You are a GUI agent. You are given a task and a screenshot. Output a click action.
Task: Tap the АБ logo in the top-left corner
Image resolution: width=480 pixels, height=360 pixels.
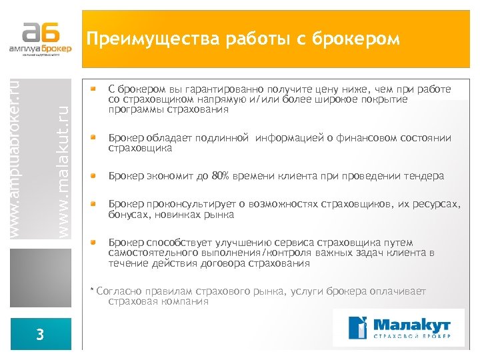click(x=41, y=37)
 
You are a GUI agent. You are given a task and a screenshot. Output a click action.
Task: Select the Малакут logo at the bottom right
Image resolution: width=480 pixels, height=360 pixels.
click(x=401, y=327)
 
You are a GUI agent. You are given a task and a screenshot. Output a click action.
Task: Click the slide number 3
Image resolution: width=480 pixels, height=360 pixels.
click(x=41, y=335)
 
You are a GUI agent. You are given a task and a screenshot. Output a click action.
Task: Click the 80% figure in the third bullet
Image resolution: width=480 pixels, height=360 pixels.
click(x=220, y=176)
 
